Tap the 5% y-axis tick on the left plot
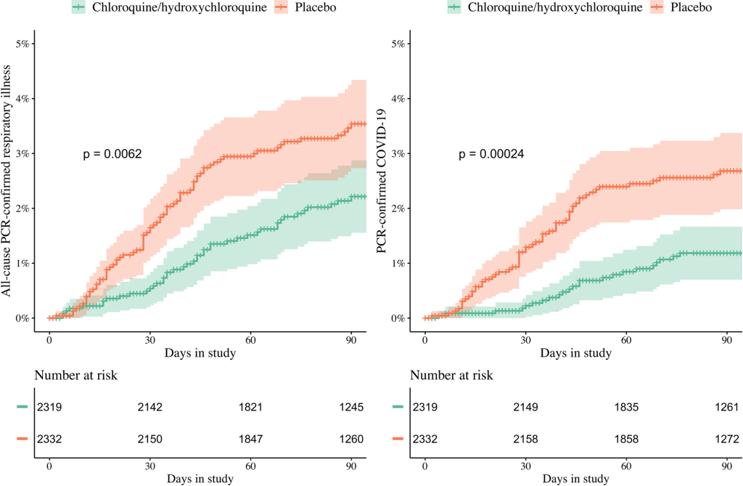(21, 44)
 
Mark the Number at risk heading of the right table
(451, 376)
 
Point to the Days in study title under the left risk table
(200, 478)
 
